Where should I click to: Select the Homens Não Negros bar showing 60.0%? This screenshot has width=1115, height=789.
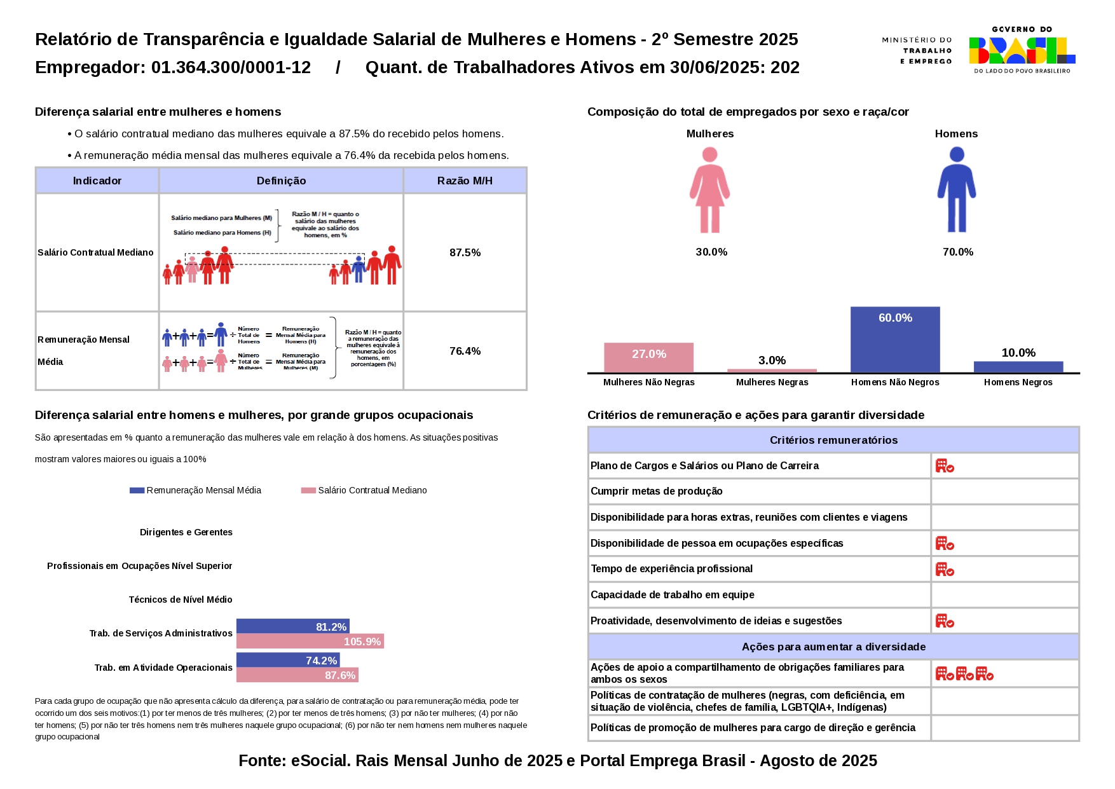pos(895,340)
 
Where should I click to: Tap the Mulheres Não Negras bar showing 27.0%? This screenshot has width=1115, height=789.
pos(648,357)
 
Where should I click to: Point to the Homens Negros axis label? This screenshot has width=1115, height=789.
pos(1018,382)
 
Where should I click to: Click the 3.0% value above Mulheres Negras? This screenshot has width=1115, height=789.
pos(772,360)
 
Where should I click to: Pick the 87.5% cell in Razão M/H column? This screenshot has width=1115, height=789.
pos(465,252)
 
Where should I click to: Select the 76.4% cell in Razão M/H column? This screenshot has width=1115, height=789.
pos(465,351)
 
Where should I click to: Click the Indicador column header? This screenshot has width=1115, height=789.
pos(97,181)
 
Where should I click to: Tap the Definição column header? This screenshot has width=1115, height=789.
pos(281,181)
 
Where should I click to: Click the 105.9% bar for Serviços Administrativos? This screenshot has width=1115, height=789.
pos(310,641)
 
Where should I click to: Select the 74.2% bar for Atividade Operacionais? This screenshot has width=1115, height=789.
pos(288,660)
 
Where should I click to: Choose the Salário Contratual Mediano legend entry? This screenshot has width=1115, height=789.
pos(372,490)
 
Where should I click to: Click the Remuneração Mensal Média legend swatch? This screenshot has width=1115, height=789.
pos(137,490)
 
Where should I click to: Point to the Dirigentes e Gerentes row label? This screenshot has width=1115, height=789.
pos(186,532)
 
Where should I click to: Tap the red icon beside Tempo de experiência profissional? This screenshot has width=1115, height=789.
pos(945,569)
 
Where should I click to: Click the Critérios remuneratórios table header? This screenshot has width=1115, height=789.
pos(833,440)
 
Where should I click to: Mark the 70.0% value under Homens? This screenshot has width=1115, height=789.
pos(957,252)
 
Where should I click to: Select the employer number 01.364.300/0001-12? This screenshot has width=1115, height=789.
pos(231,67)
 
